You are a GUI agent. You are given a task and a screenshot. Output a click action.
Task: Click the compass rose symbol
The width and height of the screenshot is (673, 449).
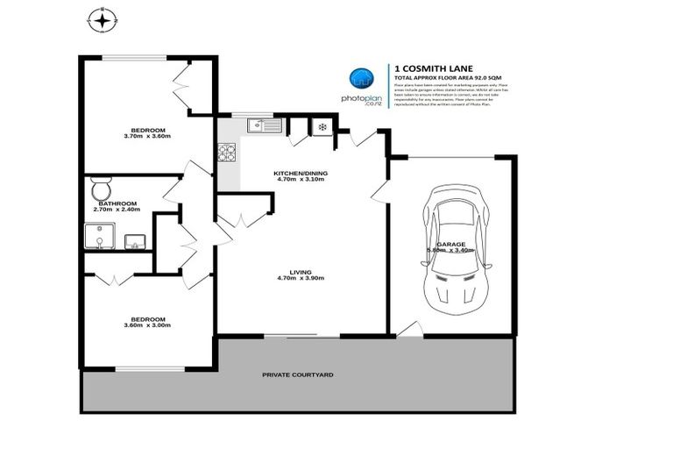click(x=103, y=19)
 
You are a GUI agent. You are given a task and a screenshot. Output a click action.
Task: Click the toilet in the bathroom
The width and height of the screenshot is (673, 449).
click(x=101, y=189)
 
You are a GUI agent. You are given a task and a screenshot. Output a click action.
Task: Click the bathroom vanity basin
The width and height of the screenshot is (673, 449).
click(x=135, y=240)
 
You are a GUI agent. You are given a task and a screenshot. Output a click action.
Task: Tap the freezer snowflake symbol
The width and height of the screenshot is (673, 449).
click(x=322, y=127)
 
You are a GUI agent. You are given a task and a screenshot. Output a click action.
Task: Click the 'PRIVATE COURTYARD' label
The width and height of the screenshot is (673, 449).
click(x=298, y=374)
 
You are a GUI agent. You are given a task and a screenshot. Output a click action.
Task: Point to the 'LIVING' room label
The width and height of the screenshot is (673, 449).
click(x=301, y=272)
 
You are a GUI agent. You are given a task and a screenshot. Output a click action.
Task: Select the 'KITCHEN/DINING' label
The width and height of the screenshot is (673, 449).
click(x=301, y=174)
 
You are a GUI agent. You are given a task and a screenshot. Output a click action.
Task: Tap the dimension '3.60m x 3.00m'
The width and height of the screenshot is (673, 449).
click(x=146, y=325)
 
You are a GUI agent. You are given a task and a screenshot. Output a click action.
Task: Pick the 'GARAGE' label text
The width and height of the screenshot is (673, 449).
click(x=450, y=245)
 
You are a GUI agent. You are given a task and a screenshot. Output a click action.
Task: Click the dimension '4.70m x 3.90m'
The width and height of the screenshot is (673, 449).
click(x=301, y=279)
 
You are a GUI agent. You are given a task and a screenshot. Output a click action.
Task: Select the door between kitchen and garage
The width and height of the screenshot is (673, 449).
click(x=380, y=190)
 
